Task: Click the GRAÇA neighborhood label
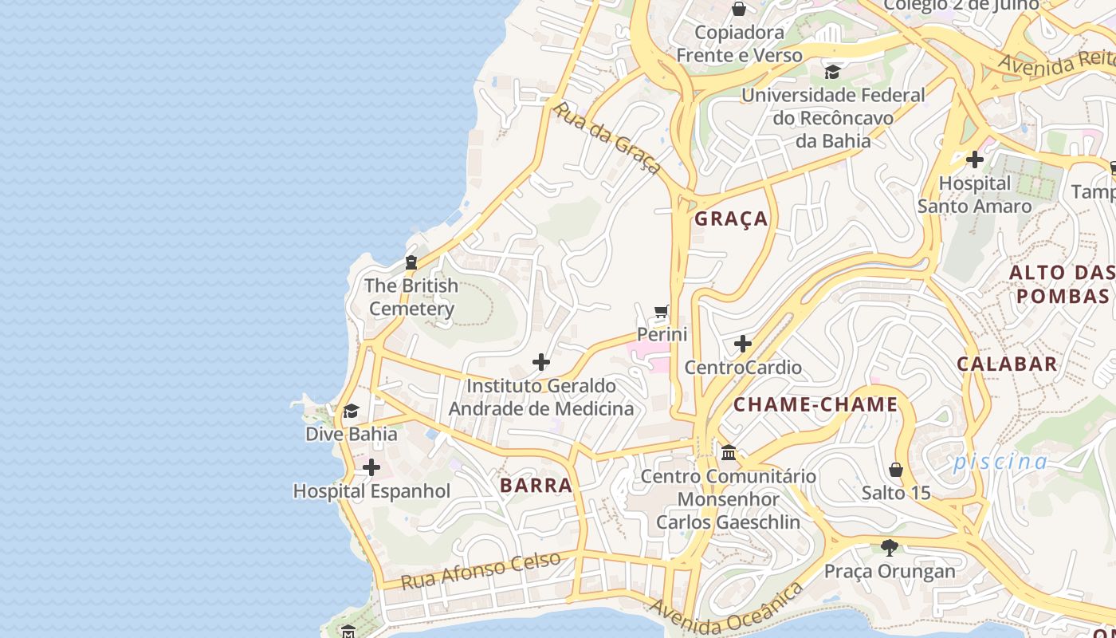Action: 731,219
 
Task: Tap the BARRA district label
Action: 536,485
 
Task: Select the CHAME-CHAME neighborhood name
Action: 815,404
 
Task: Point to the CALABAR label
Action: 1007,364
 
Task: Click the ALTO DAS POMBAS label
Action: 1062,284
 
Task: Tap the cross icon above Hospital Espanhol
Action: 371,467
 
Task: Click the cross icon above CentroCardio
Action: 743,344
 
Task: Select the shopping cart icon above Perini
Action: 662,310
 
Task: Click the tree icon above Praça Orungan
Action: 890,548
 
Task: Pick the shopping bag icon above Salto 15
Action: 896,470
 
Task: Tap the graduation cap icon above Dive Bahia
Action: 351,411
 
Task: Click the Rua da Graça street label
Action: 608,138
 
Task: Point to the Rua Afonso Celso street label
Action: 481,569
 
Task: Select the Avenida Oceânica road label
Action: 726,610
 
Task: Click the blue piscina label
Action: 1001,461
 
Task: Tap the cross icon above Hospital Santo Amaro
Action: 974,159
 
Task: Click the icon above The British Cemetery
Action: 411,262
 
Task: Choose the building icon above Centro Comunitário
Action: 729,453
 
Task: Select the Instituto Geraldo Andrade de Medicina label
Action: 541,397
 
